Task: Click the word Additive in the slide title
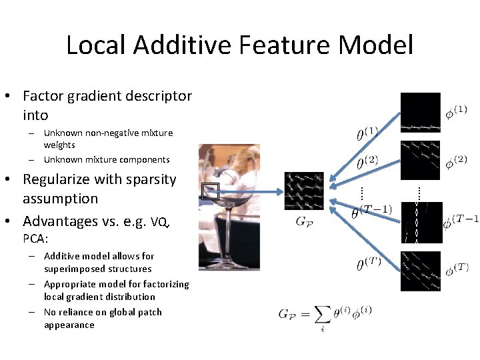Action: point(175,45)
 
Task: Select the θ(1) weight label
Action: point(367,134)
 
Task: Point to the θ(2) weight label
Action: point(367,162)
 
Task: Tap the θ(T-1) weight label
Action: point(371,211)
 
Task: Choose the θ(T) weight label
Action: point(369,264)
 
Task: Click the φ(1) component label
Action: point(456,111)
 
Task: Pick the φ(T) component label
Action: point(457,269)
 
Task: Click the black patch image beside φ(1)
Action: point(420,113)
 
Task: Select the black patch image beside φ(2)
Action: point(420,160)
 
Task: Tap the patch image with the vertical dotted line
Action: point(420,222)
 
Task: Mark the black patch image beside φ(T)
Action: point(420,271)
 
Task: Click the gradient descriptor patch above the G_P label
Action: point(304,192)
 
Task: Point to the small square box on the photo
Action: point(211,191)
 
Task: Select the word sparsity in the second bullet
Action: point(153,179)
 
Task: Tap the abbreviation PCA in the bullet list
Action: point(33,238)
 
